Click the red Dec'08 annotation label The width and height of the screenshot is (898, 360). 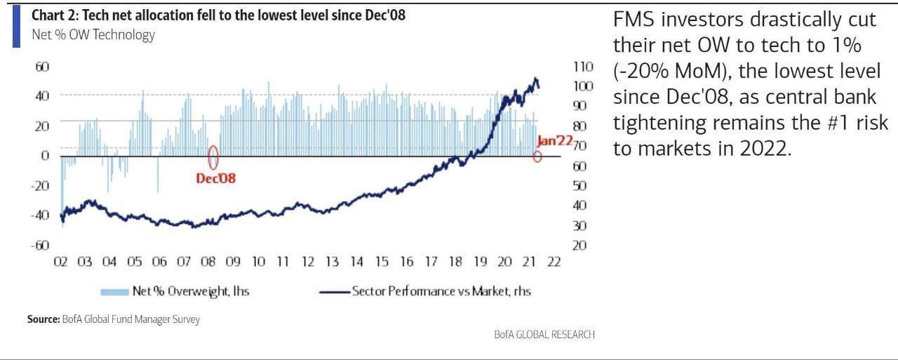point(215,178)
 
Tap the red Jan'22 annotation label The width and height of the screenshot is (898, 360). point(555,140)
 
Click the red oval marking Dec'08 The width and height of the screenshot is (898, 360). point(213,156)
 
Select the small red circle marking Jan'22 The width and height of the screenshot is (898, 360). point(537,156)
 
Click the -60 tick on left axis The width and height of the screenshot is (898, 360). point(39,245)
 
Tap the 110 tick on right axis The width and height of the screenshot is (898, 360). point(584,67)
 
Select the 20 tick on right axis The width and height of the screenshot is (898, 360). point(580,245)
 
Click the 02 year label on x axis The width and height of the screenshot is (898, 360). point(60,262)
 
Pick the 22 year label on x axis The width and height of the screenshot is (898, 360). point(554,262)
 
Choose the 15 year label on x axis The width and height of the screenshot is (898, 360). point(381,262)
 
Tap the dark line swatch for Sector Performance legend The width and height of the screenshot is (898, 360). point(335,291)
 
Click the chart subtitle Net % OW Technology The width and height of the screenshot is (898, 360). point(93,34)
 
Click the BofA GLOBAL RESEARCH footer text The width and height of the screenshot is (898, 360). point(544,335)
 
